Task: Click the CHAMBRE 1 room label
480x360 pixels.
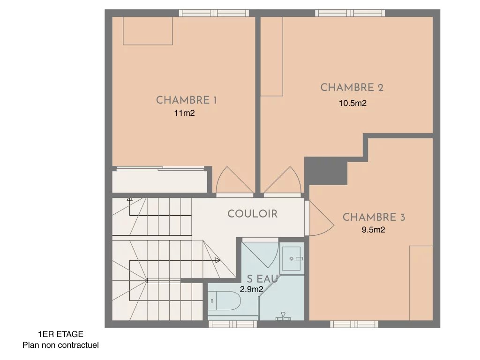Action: [187, 100]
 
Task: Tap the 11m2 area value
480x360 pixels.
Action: [184, 113]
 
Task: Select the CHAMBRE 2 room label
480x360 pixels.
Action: [352, 87]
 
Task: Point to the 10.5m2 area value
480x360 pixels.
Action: [352, 103]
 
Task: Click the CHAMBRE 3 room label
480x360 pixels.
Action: [374, 217]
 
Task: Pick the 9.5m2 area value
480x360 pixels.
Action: [373, 230]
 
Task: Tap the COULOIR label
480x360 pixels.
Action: [252, 214]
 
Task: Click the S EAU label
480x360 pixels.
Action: [262, 279]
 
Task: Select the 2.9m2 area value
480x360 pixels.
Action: [251, 289]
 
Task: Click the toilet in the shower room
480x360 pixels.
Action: [225, 300]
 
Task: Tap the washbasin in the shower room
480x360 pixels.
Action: [291, 258]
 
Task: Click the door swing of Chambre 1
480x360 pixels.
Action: [234, 180]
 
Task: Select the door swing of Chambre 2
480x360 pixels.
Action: [283, 180]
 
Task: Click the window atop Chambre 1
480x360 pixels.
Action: [214, 13]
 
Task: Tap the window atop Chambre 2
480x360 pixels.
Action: [350, 13]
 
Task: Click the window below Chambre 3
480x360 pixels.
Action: [354, 324]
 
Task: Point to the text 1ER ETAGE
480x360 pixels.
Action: [60, 334]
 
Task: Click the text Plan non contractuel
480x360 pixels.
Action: [60, 345]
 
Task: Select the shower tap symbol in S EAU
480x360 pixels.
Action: [284, 316]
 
